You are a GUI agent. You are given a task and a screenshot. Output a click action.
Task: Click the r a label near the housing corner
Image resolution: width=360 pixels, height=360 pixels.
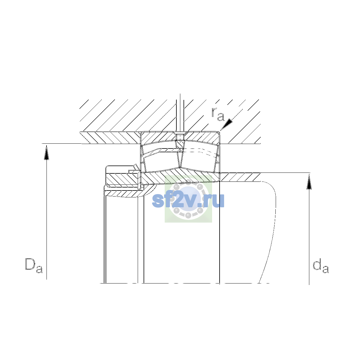coord(218,114)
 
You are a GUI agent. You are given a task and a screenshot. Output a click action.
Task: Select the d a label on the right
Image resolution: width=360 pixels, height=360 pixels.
coord(321,266)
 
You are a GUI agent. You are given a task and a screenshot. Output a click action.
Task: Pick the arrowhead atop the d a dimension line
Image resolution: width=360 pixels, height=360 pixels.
coord(309,182)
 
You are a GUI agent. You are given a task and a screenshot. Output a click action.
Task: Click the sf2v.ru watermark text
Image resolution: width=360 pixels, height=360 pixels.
coord(188,200)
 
